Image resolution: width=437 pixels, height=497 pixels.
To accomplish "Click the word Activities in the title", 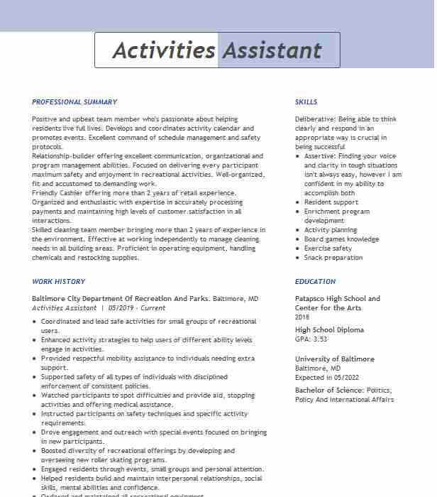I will point(164,50).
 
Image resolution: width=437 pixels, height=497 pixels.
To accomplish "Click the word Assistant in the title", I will point(272,50).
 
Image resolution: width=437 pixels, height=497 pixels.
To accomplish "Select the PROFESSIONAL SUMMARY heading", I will point(74,102).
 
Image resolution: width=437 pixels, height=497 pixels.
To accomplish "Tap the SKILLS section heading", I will point(306,102).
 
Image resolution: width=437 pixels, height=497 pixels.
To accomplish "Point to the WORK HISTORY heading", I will point(58,282).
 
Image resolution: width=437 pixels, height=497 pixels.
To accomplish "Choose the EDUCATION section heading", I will point(316,282).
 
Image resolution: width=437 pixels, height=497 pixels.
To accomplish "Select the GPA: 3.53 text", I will point(311,339).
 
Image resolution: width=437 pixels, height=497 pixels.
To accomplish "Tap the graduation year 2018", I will point(302,317).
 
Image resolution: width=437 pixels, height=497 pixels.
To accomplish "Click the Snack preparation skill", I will point(333,258).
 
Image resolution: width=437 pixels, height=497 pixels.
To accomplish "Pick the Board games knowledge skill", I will point(341,239).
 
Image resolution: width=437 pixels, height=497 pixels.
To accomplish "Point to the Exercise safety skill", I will point(328,248).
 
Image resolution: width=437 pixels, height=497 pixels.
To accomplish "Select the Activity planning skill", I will point(331,230).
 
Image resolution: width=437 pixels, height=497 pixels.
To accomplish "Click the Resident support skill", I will point(331,202).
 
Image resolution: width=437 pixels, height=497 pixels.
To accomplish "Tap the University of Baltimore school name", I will point(334,359).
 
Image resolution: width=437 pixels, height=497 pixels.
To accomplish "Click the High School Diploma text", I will point(329,330).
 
